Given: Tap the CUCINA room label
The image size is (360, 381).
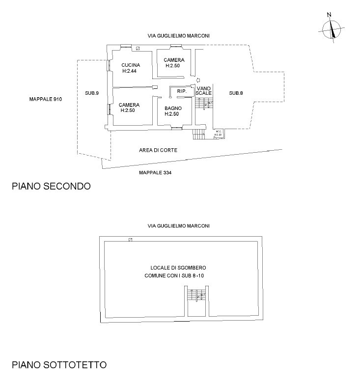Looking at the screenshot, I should point(130,65).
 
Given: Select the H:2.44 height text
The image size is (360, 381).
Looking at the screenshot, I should point(130,71).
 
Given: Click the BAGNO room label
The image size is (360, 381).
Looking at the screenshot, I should point(173,108).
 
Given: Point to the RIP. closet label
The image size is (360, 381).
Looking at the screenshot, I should point(181,91).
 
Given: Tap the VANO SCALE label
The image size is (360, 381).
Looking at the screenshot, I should point(203,90).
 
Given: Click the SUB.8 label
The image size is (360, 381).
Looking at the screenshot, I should point(236,93).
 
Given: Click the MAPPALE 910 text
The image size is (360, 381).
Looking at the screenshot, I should point(46,99).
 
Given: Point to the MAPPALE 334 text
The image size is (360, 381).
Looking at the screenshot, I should point(155,173).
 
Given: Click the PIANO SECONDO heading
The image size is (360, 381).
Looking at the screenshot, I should point(51,187).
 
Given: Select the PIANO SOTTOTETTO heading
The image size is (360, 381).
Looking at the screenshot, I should point(59,365).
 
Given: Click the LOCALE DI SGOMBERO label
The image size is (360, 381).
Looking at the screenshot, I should point(178,268).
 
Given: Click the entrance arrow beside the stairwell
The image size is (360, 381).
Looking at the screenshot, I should point(198,80).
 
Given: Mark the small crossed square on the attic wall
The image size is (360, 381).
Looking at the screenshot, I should point(130,240).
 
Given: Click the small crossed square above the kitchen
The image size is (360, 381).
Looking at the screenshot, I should point(138,48).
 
